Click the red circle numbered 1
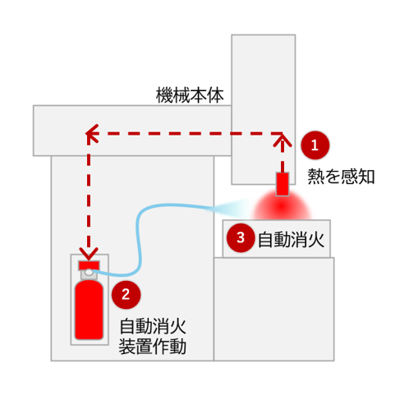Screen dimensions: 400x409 coord(315,145)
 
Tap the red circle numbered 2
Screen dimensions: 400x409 coord(125,292)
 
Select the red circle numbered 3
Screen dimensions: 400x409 coord(240,239)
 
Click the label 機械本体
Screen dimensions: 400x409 coord(189,95)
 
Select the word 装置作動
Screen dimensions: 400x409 coord(153,347)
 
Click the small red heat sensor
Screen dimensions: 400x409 coord(283,183)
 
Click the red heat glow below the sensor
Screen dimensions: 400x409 coord(282,205)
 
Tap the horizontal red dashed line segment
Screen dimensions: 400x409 coord(189,132)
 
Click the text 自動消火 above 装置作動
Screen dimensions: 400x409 coord(153,325)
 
